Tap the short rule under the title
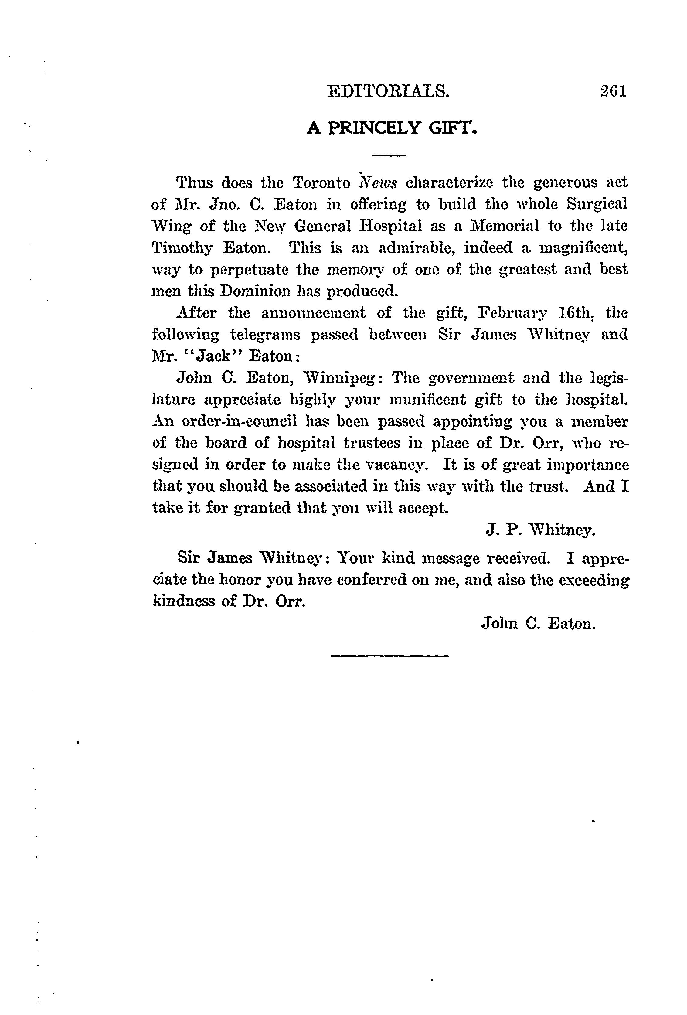(x=388, y=155)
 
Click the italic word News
(x=378, y=182)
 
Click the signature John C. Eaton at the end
(x=538, y=623)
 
